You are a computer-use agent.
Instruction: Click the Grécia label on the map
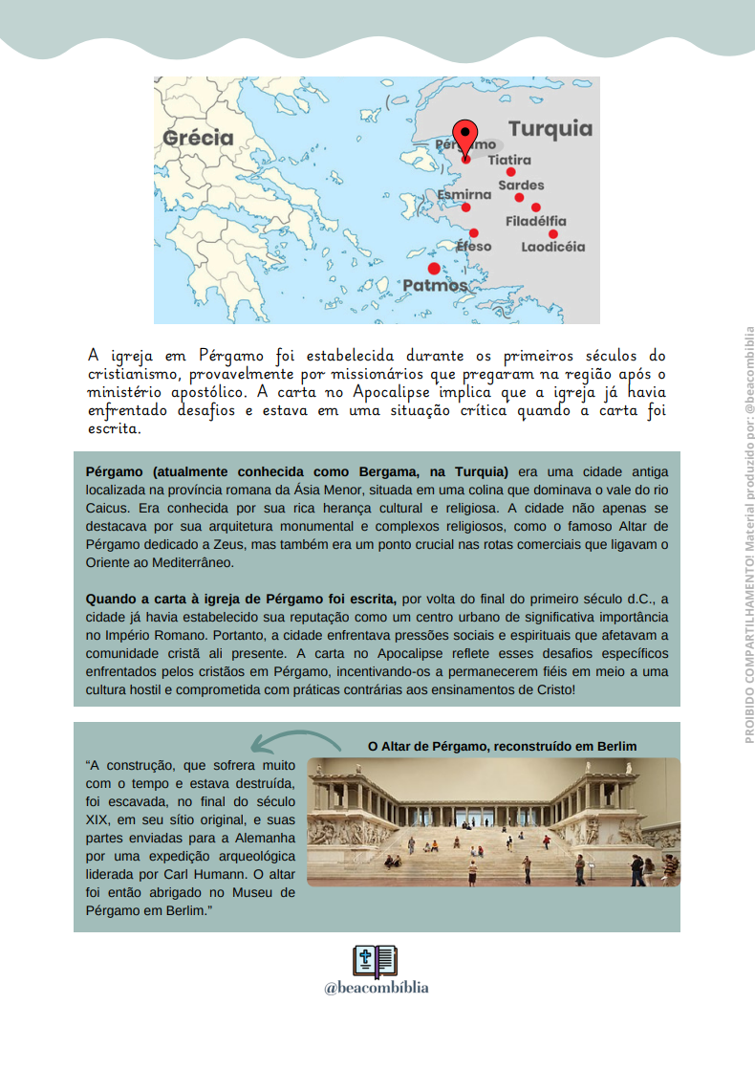(198, 138)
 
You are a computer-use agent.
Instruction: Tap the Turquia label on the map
(550, 129)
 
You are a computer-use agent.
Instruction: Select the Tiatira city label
(509, 160)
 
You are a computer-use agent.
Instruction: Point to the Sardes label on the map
(521, 185)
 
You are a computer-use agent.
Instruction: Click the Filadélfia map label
(536, 222)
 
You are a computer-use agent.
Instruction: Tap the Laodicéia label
(553, 247)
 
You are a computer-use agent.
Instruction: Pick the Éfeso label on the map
(473, 247)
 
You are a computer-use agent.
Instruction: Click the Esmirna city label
(464, 194)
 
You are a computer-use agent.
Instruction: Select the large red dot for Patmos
(434, 269)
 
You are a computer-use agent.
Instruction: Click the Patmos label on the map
(435, 285)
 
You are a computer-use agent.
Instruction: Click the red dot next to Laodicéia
(553, 233)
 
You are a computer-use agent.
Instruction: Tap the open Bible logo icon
(376, 961)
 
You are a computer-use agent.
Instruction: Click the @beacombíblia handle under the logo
(376, 988)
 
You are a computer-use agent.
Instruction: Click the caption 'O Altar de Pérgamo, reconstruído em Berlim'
(503, 746)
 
